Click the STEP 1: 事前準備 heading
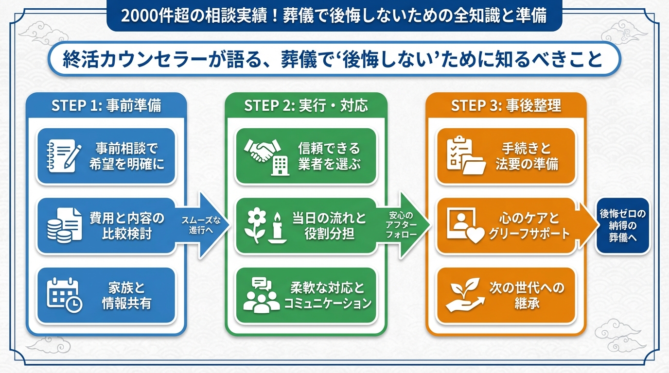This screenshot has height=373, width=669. tap(106, 105)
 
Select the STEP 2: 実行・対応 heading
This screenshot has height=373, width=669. tap(306, 105)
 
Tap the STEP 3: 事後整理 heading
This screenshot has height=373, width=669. tap(506, 105)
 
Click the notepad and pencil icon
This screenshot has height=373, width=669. tap(64, 156)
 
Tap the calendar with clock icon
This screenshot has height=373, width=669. tap(64, 295)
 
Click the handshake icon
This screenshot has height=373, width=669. tap(262, 150)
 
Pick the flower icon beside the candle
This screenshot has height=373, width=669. tap(256, 225)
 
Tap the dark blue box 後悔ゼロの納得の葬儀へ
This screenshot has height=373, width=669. tap(623, 225)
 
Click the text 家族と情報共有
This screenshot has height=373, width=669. tap(126, 295)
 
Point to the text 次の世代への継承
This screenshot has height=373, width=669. tap(527, 295)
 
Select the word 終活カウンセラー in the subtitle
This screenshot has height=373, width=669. tap(135, 59)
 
